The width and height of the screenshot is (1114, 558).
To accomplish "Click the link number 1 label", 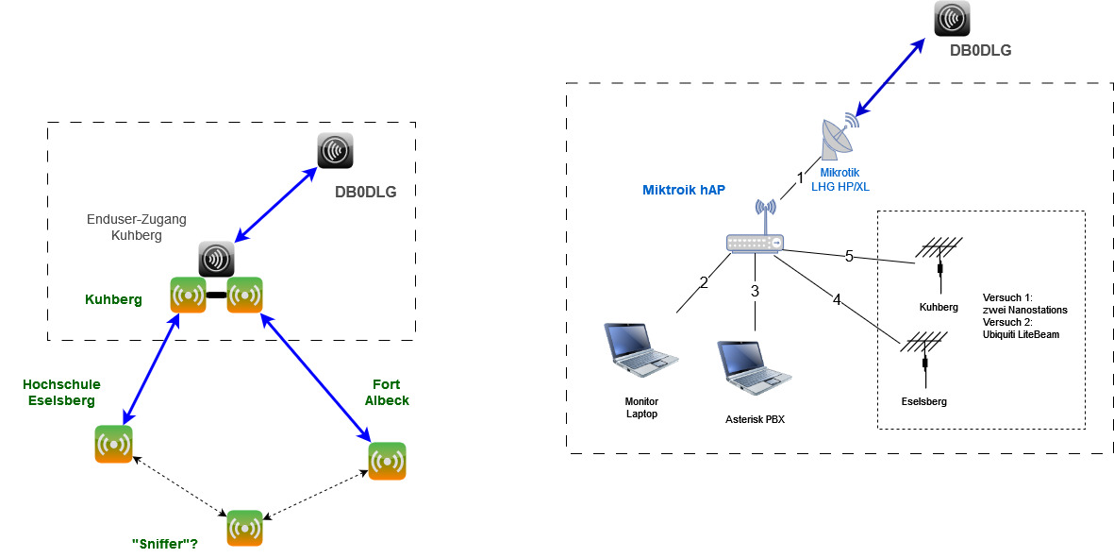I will (x=800, y=177).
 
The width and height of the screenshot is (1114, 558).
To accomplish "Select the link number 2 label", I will (x=703, y=280).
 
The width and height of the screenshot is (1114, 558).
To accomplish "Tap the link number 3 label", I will (x=755, y=291).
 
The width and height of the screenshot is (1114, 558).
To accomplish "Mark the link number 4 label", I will (x=836, y=299).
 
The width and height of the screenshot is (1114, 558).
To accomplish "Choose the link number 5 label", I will (x=849, y=255).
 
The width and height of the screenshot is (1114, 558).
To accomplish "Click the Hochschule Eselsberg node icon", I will (x=113, y=444).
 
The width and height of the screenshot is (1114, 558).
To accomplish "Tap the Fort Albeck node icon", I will (x=387, y=461).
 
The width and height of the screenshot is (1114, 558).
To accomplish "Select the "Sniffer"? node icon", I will (x=244, y=528).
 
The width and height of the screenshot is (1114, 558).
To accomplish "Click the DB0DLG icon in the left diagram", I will (x=334, y=151).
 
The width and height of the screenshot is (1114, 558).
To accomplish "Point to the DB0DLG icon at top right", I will (x=953, y=19).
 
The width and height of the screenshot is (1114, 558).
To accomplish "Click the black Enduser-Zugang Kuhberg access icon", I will (x=216, y=259).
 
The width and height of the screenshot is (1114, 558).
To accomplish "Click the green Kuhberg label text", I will (x=113, y=299).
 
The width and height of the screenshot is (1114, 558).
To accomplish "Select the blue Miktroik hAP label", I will (x=684, y=191).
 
